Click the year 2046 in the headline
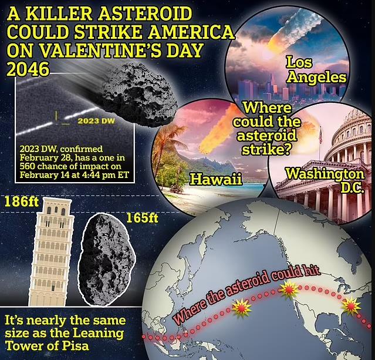[x=28, y=69]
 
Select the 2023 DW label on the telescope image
[x=96, y=120]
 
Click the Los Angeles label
[x=316, y=69]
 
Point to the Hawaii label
[x=216, y=179]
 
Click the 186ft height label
[x=22, y=201]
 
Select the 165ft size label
[x=142, y=218]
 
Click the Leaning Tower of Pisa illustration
[x=51, y=252]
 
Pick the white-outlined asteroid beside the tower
[x=106, y=260]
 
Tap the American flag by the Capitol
[x=320, y=136]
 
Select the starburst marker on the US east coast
[x=351, y=306]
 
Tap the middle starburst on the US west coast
[x=289, y=290]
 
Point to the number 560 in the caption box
[x=28, y=166]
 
